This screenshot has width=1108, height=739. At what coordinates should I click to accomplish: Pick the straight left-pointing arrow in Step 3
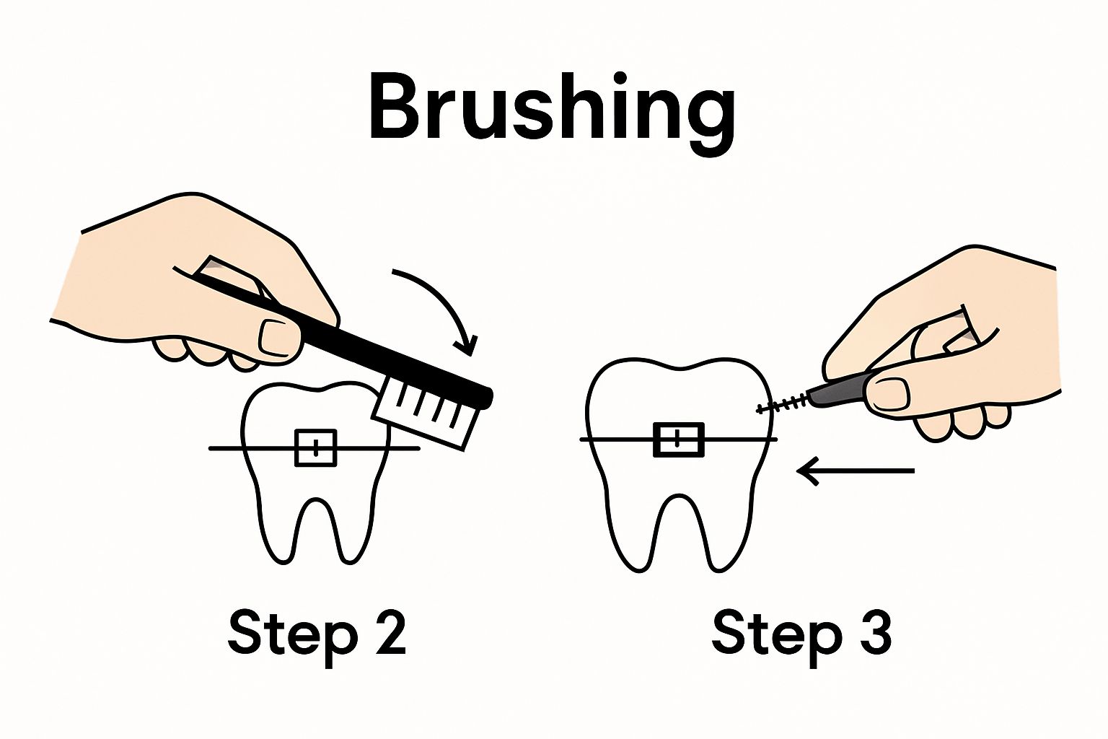point(856,471)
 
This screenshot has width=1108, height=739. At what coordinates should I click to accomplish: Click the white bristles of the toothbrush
point(426,415)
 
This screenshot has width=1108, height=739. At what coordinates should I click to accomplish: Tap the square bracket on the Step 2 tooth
point(315,448)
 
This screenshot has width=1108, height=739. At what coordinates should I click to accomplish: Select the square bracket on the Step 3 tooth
point(679,440)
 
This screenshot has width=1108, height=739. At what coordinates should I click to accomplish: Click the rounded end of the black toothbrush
point(487,398)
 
